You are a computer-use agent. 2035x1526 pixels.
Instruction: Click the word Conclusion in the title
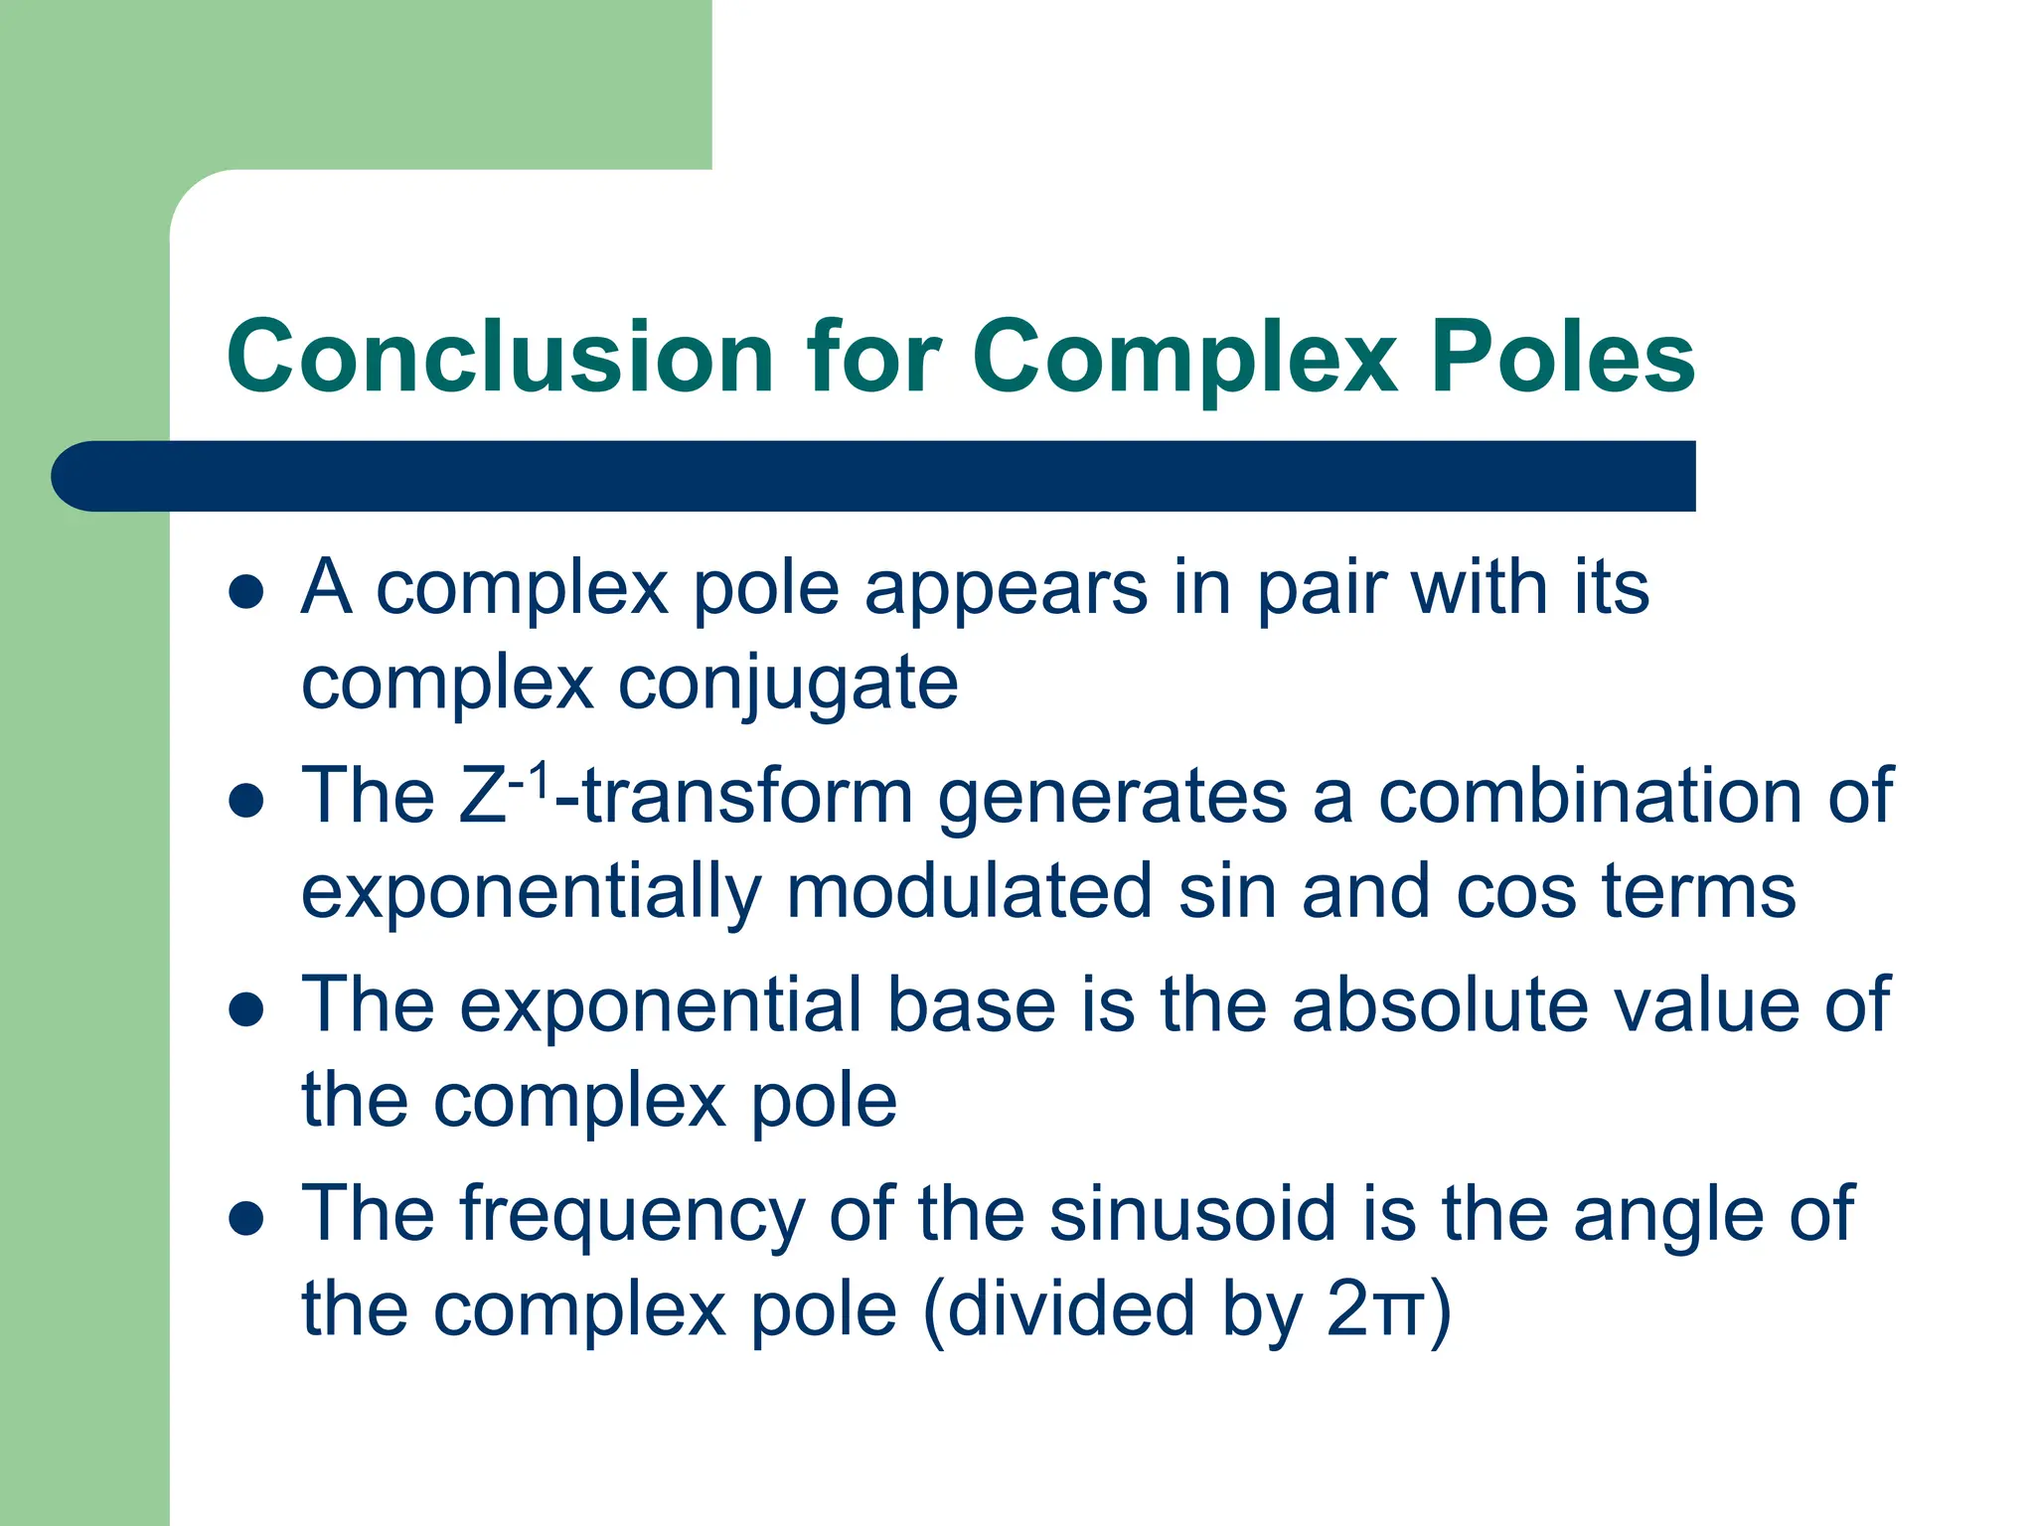pyautogui.click(x=500, y=358)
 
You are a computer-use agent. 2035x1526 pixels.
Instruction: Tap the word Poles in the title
pyautogui.click(x=1562, y=358)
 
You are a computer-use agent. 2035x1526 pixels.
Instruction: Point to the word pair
pyautogui.click(x=1322, y=590)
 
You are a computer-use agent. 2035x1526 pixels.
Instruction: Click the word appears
pyautogui.click(x=1006, y=590)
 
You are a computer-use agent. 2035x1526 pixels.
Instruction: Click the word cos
pyautogui.click(x=1515, y=892)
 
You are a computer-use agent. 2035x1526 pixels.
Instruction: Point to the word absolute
pyautogui.click(x=1440, y=1005)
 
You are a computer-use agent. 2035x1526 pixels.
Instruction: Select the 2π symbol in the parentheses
pyautogui.click(x=1376, y=1309)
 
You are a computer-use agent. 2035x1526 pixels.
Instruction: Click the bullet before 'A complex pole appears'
pyautogui.click(x=245, y=593)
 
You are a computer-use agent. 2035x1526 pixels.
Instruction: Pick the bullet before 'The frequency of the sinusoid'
pyautogui.click(x=245, y=1218)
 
